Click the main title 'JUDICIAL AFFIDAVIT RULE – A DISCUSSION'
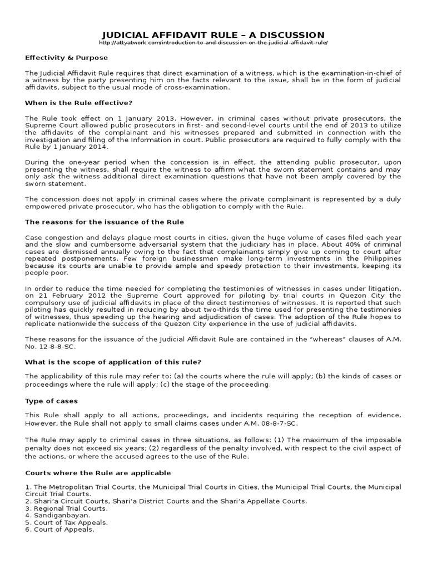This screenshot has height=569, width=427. coord(213,35)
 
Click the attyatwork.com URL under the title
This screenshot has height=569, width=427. coord(213,43)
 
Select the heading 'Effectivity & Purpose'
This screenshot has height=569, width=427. coord(67,58)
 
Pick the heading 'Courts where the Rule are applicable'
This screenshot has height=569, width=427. coord(98,473)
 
